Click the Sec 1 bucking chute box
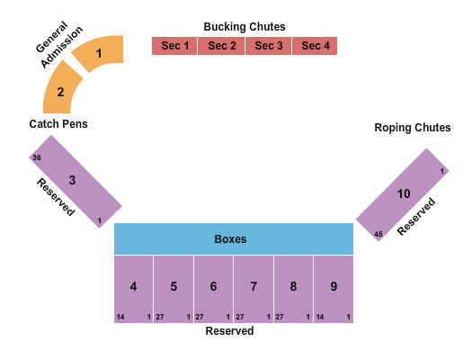click(175, 46)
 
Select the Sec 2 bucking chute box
click(222, 46)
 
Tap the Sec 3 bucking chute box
click(269, 46)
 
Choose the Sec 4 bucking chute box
click(315, 46)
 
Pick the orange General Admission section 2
click(62, 91)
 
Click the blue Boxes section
click(233, 239)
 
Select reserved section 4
click(133, 287)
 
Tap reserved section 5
click(174, 287)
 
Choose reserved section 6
click(213, 287)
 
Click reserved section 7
click(254, 287)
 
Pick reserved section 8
click(293, 287)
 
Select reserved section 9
click(334, 287)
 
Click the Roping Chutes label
click(413, 128)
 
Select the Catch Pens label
click(58, 123)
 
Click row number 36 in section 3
click(36, 157)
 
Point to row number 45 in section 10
click(378, 234)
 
